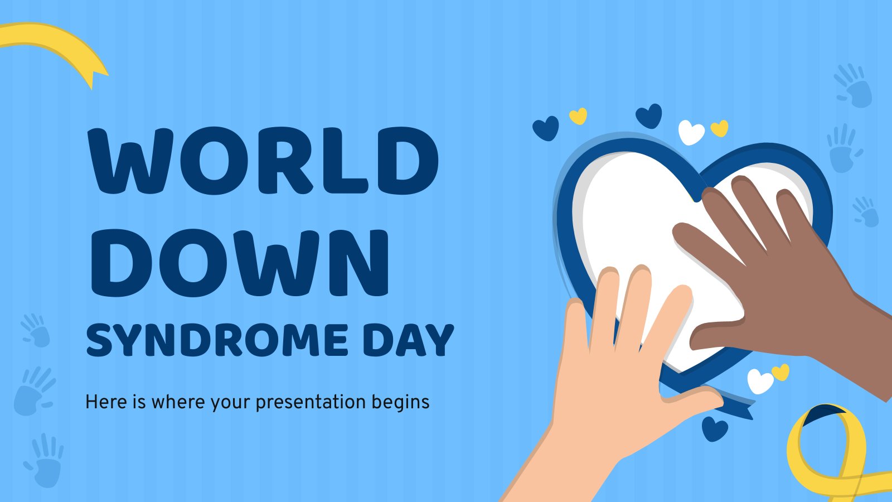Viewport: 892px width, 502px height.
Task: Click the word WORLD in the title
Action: click(x=264, y=161)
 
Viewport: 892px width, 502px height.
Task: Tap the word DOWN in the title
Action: click(x=240, y=263)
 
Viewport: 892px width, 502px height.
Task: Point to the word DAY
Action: click(x=409, y=340)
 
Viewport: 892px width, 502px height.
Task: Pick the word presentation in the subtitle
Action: click(x=310, y=402)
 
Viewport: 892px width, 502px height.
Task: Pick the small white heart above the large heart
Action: click(x=691, y=132)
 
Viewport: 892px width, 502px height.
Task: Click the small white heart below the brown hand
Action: click(x=760, y=381)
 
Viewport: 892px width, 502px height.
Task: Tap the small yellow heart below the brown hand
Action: click(x=780, y=372)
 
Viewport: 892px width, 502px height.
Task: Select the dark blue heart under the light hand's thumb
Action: click(x=715, y=429)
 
